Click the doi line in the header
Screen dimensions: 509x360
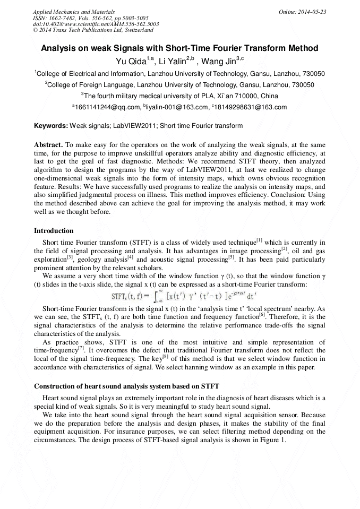96,24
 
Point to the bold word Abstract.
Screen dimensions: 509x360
49,144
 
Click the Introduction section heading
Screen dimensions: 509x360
54,231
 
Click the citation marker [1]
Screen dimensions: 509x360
260,240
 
